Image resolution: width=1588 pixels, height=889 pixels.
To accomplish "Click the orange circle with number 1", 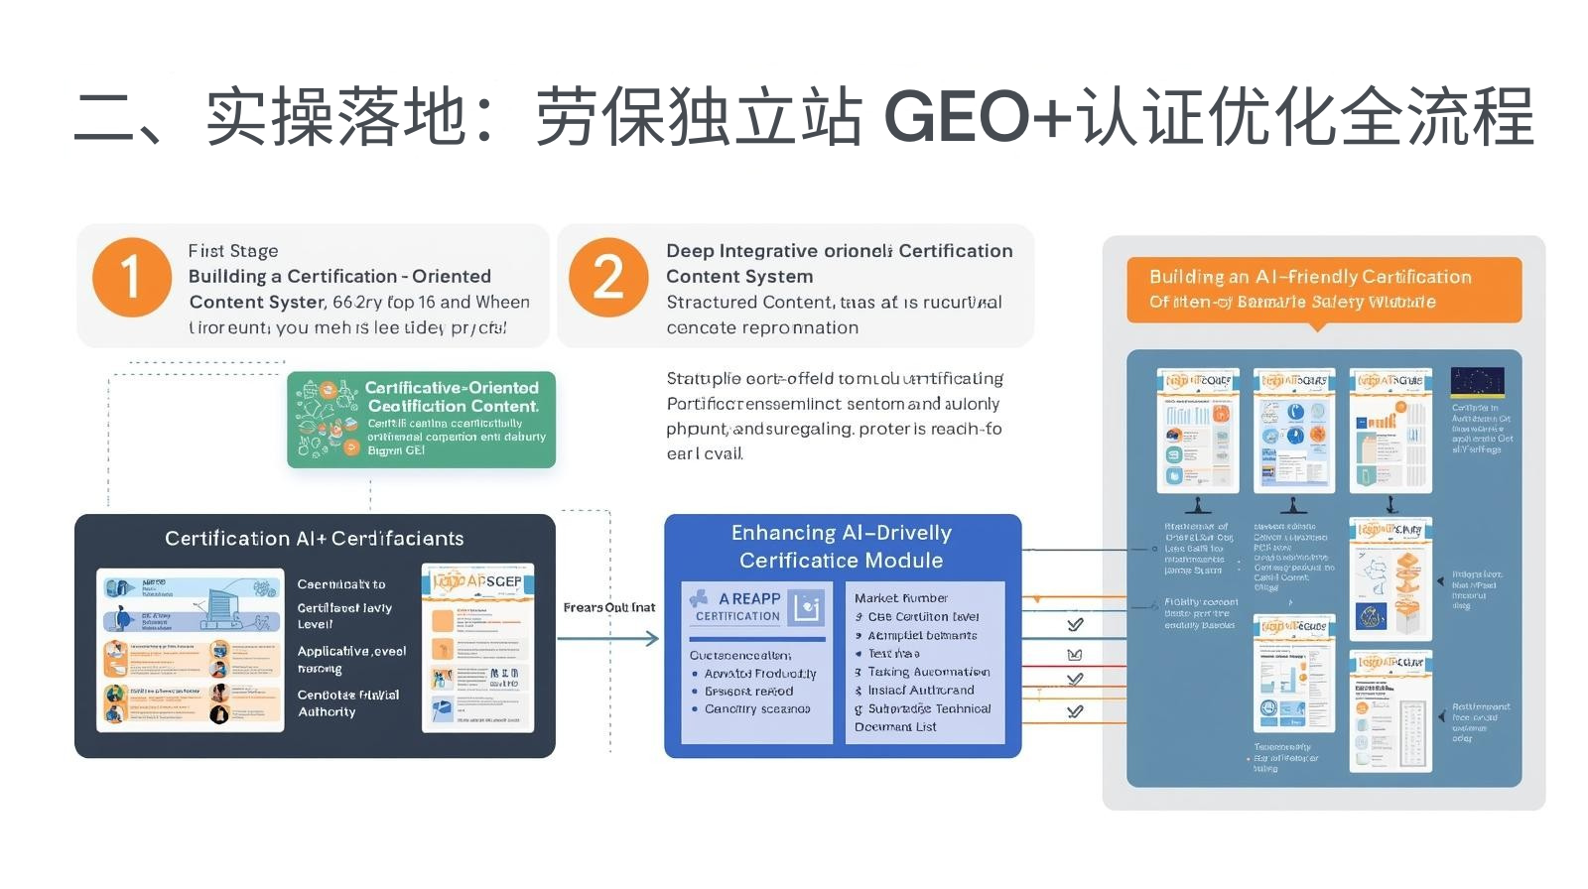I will click(131, 277).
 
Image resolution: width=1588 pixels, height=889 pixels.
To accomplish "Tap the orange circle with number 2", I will click(607, 277).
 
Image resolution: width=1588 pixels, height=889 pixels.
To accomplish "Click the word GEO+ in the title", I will click(978, 117).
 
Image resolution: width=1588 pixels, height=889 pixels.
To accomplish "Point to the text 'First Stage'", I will click(233, 251).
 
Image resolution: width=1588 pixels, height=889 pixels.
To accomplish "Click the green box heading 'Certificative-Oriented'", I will click(452, 388).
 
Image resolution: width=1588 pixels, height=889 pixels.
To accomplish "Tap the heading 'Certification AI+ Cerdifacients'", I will click(314, 539).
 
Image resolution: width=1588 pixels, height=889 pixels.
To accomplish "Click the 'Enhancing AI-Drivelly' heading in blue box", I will click(841, 533).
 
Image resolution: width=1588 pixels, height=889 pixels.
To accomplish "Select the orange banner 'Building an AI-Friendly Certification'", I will click(1310, 277).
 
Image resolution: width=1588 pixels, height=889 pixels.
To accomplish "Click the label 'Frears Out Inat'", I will click(608, 607).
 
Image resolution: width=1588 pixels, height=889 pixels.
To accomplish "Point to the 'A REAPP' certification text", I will click(749, 598).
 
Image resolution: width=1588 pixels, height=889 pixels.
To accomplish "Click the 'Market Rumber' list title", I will click(900, 598).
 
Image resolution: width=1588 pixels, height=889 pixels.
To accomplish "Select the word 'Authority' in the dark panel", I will click(327, 712).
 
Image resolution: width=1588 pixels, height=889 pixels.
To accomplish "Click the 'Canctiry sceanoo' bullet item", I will click(757, 709).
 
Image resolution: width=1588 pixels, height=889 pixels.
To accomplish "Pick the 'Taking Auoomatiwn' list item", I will click(929, 672).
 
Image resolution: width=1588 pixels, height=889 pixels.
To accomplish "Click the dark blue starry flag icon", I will click(1477, 382).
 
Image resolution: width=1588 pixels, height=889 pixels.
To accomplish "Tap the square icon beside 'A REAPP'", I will click(807, 606).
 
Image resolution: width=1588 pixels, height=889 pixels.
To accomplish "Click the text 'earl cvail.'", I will click(705, 453).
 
